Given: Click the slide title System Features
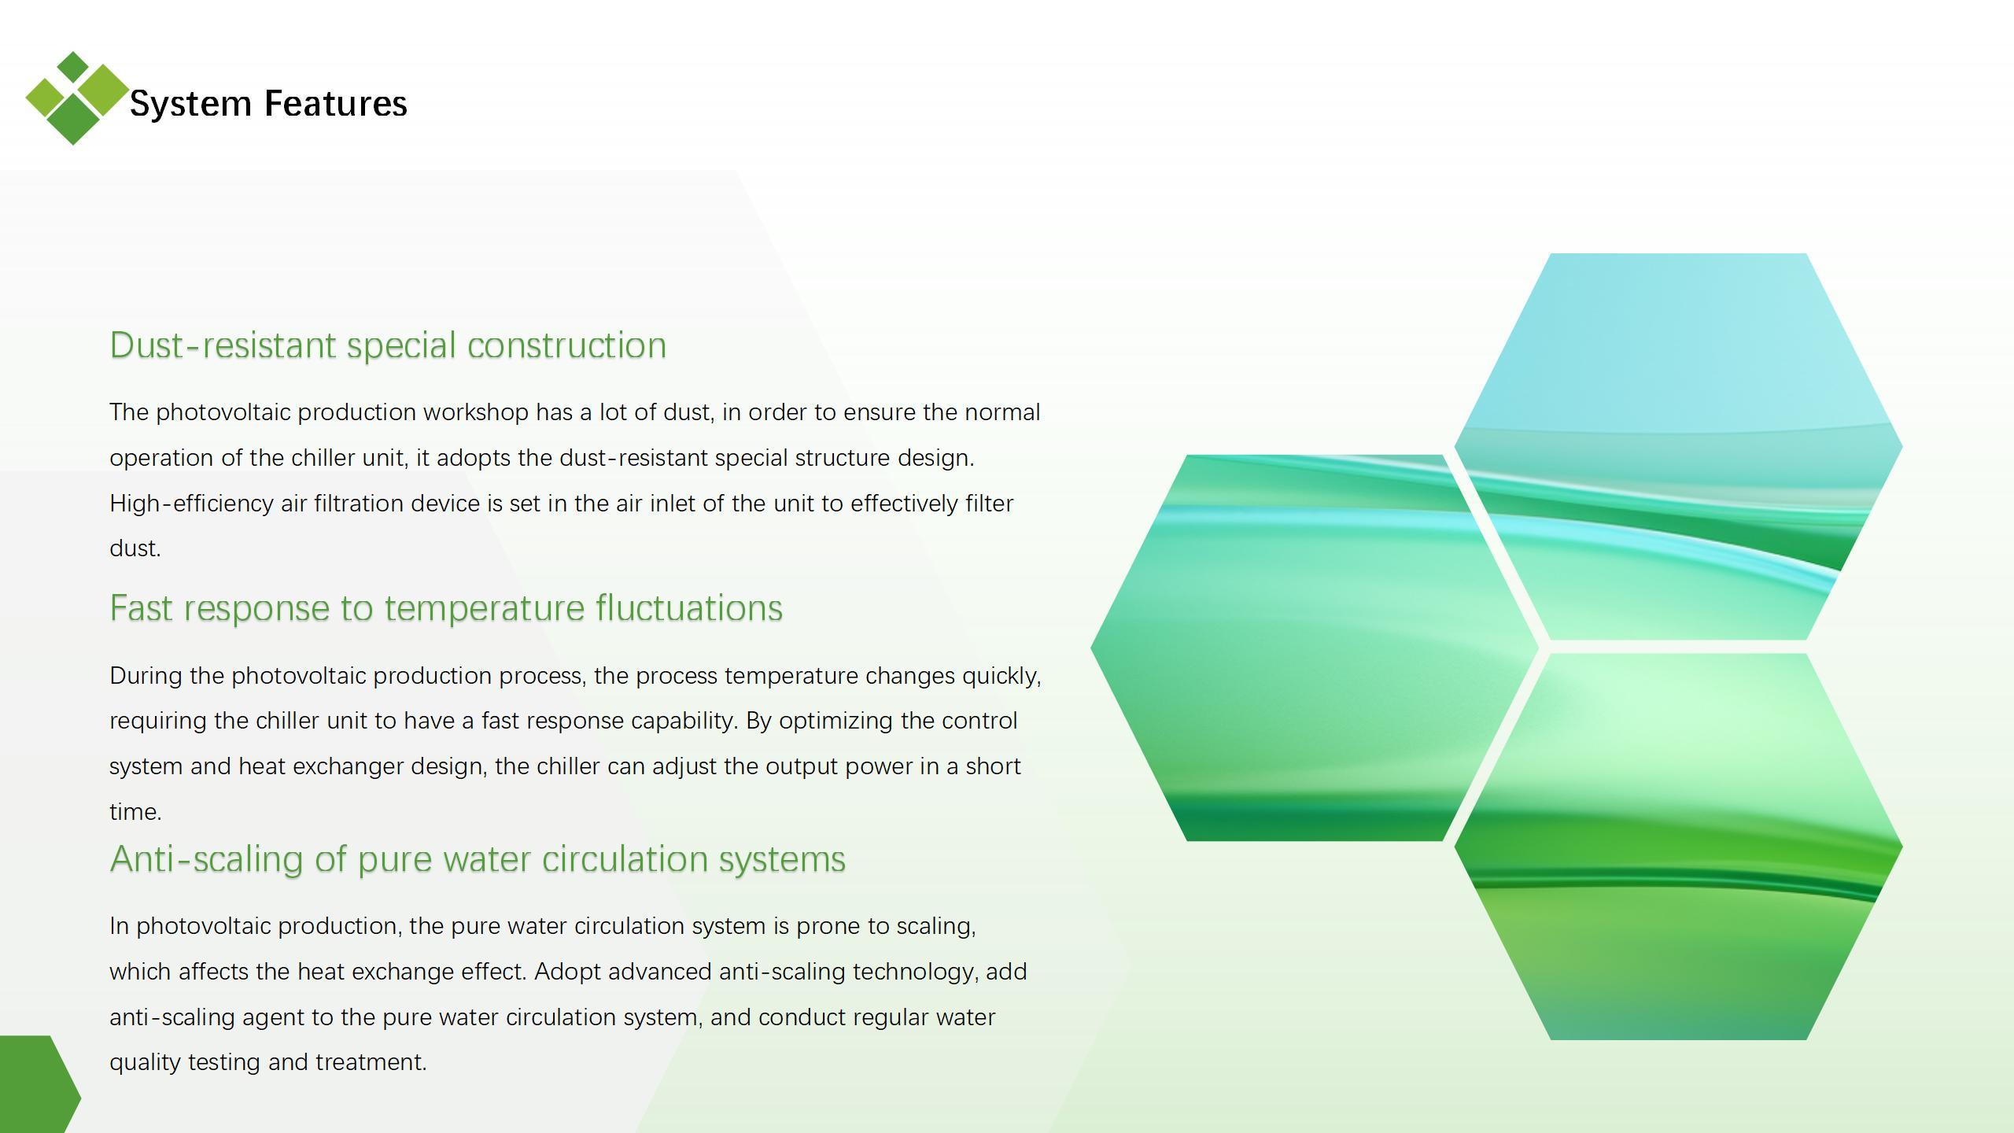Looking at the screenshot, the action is point(268,104).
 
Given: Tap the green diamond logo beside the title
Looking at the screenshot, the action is point(76,98).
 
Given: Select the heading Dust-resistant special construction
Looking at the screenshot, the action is point(388,345).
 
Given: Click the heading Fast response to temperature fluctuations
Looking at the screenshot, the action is point(446,608).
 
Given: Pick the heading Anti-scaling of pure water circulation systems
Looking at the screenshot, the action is point(478,859).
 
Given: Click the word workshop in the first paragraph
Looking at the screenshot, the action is point(476,412).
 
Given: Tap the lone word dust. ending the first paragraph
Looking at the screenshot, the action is point(135,548).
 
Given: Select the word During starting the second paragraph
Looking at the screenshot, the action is point(146,676).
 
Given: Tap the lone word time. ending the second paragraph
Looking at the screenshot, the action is point(135,812).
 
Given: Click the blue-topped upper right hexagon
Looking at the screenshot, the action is point(1678,446).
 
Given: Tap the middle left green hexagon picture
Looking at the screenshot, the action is point(1315,648).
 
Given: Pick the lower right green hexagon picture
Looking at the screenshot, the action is point(1678,847).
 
